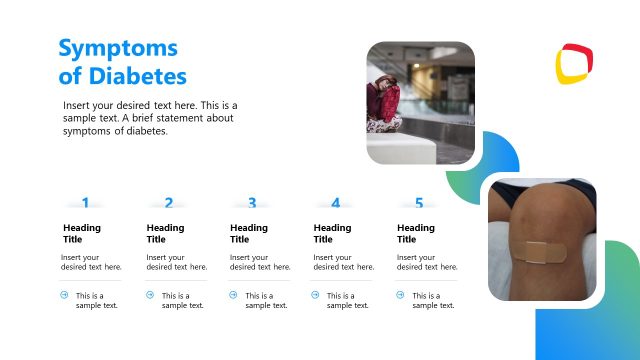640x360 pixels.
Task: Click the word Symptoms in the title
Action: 118,48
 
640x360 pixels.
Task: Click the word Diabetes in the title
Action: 136,76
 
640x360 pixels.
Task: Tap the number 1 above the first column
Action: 85,203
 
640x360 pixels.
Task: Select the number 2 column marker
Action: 168,203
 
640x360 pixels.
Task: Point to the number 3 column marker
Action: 252,203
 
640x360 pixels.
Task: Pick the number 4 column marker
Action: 335,203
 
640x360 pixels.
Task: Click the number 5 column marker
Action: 419,203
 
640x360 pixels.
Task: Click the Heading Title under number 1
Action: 82,233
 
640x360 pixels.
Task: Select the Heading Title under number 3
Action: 249,233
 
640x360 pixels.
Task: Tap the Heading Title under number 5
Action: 416,233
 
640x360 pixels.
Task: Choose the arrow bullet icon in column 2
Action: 150,295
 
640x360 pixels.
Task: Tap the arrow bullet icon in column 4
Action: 316,295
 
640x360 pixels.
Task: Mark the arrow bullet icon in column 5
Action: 400,295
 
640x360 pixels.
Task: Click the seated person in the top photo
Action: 386,103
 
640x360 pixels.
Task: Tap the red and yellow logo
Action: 574,64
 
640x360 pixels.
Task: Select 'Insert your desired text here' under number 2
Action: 175,262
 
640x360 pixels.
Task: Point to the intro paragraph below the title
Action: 150,118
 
